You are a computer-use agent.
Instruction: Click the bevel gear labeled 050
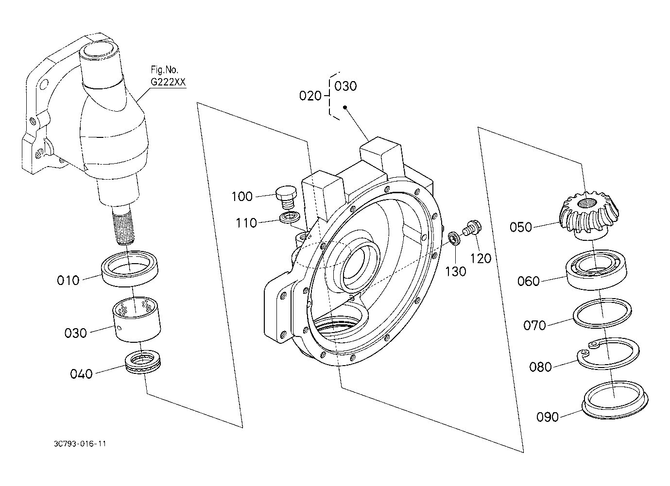pyautogui.click(x=589, y=215)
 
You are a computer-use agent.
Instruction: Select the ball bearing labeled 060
pyautogui.click(x=597, y=269)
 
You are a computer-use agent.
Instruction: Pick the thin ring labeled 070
pyautogui.click(x=602, y=313)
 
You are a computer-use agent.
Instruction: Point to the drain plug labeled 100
pyautogui.click(x=286, y=198)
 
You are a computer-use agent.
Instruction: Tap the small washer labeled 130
pyautogui.click(x=454, y=238)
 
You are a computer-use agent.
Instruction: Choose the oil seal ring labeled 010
pyautogui.click(x=130, y=268)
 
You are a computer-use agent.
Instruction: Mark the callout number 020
pyautogui.click(x=310, y=96)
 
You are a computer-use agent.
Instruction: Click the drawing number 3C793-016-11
pyautogui.click(x=80, y=444)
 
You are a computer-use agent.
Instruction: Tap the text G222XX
pyautogui.click(x=168, y=82)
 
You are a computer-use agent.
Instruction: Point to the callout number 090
pyautogui.click(x=548, y=417)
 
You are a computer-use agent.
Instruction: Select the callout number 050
pyautogui.click(x=521, y=227)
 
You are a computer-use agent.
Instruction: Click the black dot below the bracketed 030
pyautogui.click(x=345, y=107)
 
